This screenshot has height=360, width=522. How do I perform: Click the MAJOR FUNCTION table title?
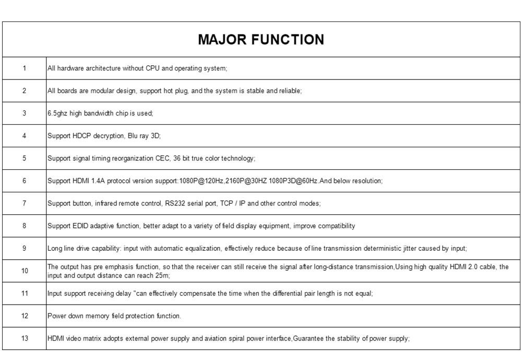261,40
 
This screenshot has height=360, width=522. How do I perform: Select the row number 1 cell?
24,68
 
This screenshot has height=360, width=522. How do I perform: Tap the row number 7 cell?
24,203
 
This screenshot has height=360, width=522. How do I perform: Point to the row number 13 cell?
24,339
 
